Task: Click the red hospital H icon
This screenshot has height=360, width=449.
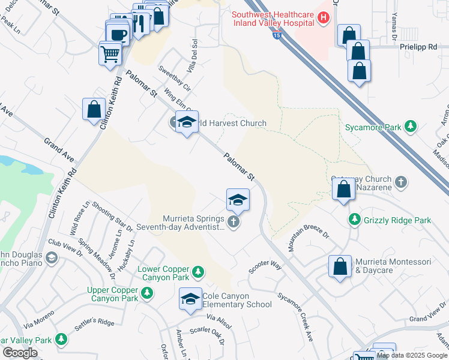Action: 324,18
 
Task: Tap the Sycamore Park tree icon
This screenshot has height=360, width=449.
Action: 411,127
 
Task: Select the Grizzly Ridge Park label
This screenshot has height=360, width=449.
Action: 397,220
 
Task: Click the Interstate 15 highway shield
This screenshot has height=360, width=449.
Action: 276,36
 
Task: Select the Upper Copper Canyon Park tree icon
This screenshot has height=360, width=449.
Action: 147,293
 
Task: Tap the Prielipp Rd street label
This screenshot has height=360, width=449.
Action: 423,46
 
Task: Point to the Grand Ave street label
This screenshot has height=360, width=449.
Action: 58,150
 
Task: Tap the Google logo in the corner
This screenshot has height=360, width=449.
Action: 20,353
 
